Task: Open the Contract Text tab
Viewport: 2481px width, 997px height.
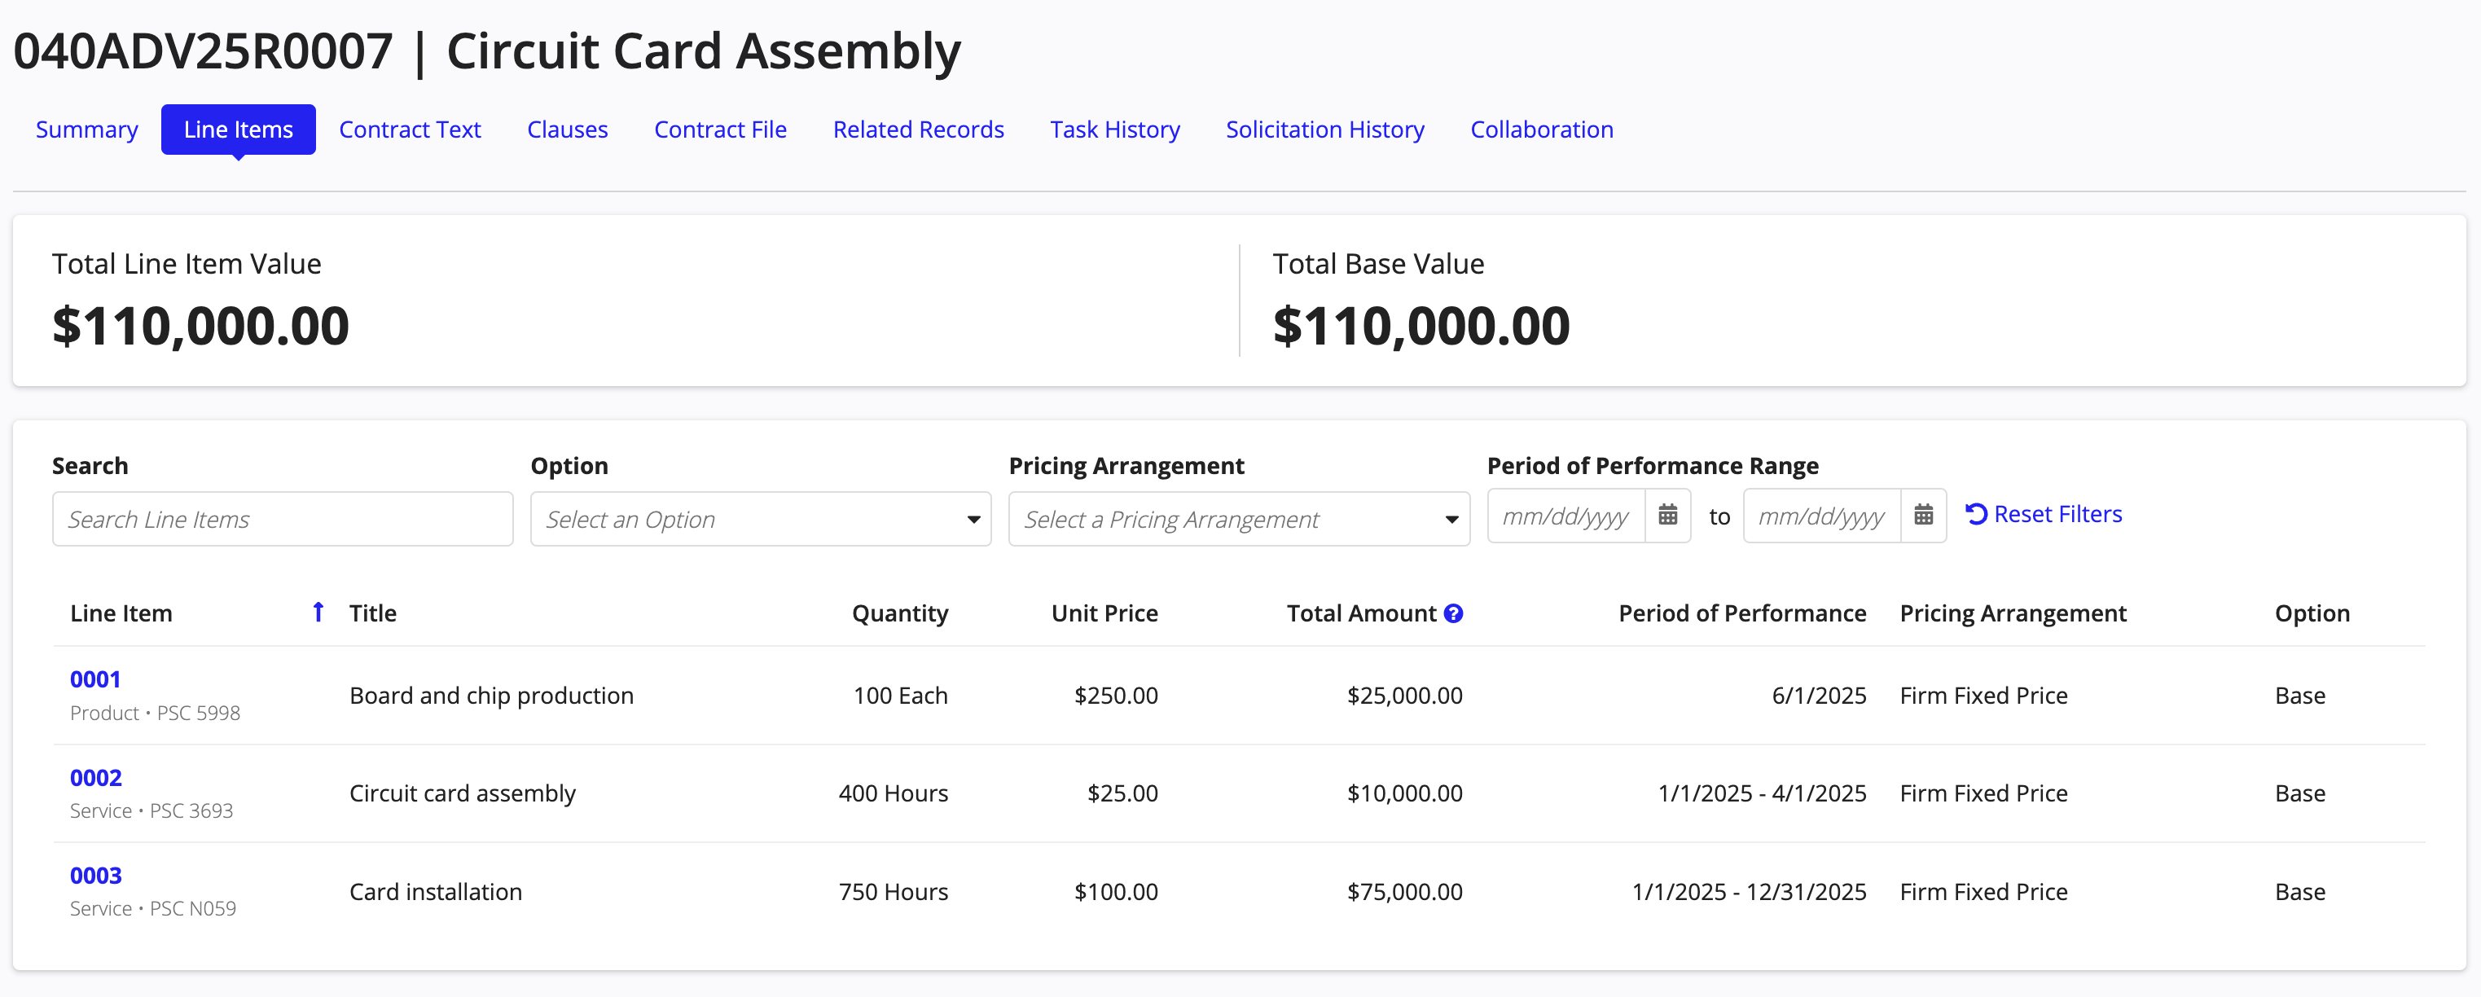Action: click(410, 129)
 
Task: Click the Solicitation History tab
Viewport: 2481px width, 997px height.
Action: click(1324, 129)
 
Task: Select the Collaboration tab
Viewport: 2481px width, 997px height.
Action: click(1541, 129)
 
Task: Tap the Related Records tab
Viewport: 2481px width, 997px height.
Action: click(918, 129)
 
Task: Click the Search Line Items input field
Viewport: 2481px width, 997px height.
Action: click(282, 519)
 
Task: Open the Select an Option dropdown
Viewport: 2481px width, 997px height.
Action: click(760, 519)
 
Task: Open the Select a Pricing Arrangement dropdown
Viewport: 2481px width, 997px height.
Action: click(1239, 519)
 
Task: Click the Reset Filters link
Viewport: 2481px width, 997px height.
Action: click(2044, 515)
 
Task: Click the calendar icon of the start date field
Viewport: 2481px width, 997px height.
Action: click(1668, 516)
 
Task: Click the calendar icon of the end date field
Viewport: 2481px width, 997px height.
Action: click(1923, 516)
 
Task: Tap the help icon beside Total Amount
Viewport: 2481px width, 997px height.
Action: click(1453, 613)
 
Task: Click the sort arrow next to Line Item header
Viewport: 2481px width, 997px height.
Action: click(318, 612)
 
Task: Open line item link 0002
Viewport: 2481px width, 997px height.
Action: click(95, 777)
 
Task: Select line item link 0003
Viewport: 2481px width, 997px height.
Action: click(95, 876)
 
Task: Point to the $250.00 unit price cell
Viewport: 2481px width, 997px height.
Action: click(1115, 696)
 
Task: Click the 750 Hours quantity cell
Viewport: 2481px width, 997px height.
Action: click(893, 892)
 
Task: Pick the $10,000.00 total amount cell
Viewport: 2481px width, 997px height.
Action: click(1404, 793)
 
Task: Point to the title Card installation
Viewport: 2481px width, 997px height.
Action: click(435, 892)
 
